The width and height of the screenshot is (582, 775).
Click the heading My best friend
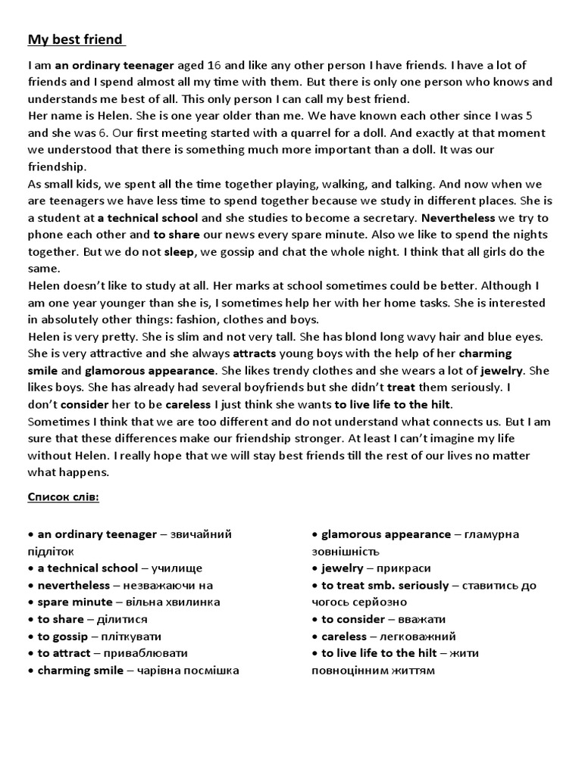coord(76,39)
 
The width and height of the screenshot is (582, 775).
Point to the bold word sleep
coord(179,251)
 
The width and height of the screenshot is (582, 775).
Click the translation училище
coord(177,568)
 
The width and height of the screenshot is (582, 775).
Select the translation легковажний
coord(417,636)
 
